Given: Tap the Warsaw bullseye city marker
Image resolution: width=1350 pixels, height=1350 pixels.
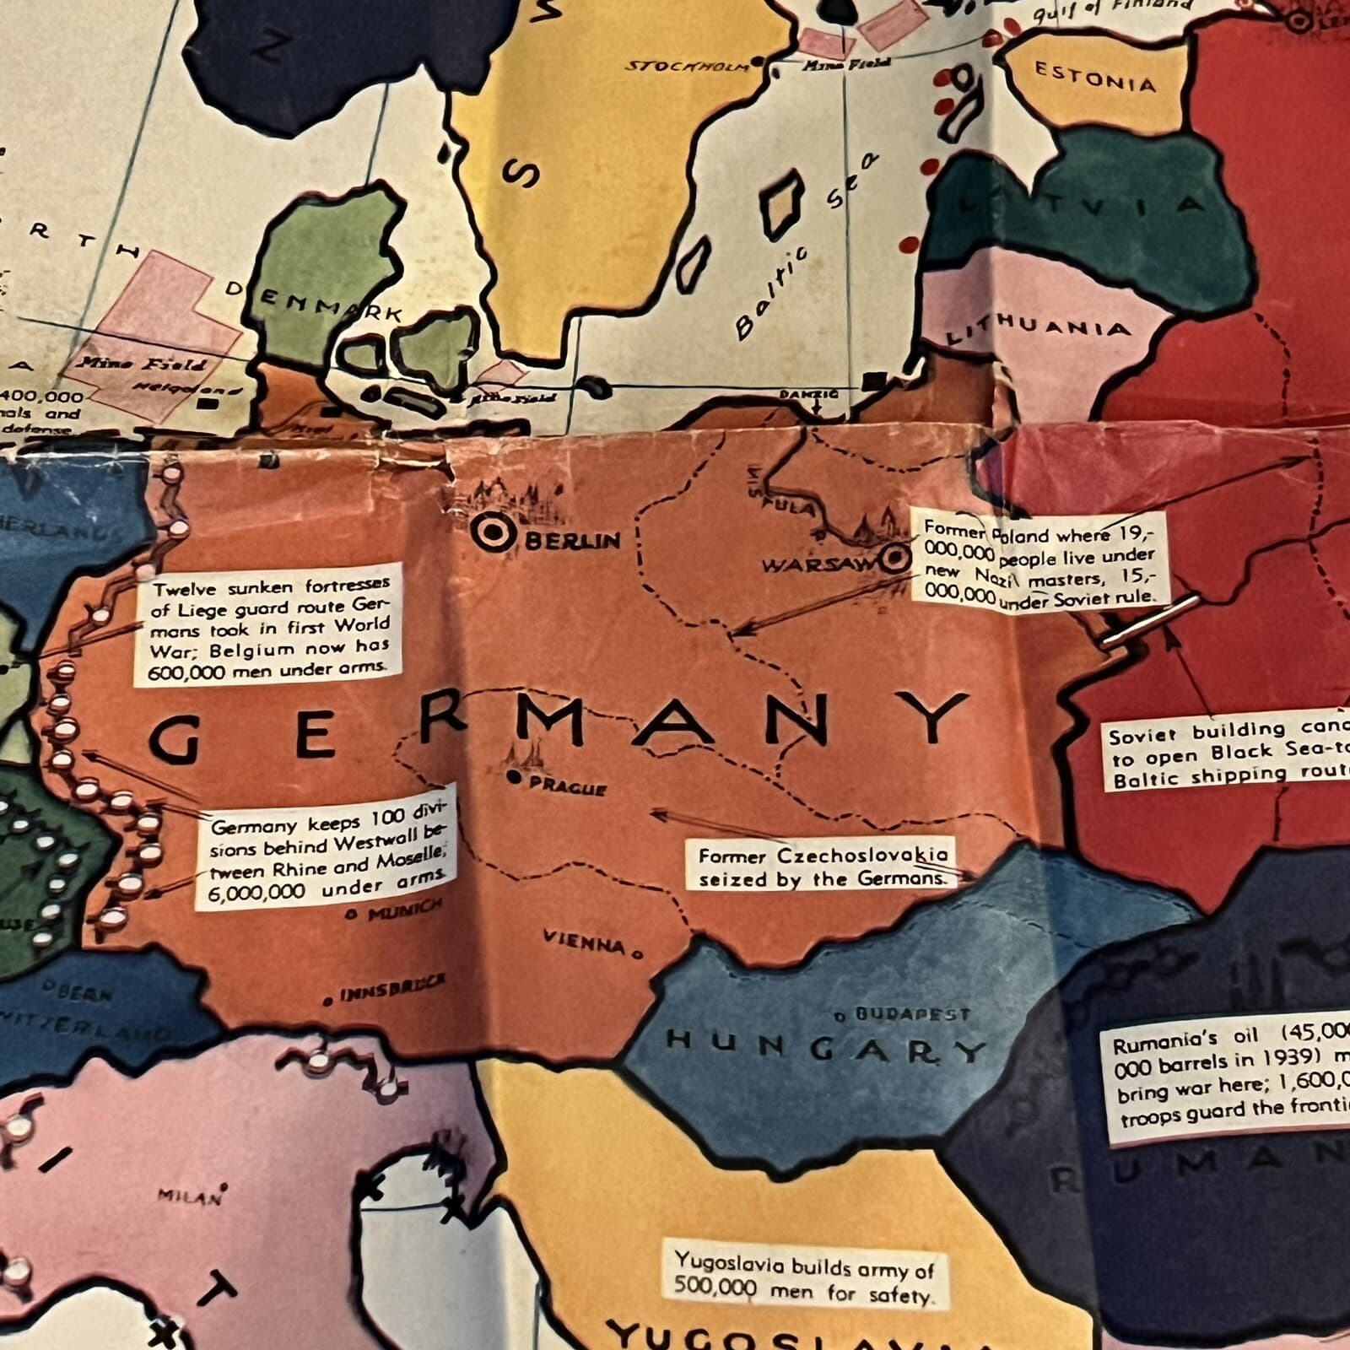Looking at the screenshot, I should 894,558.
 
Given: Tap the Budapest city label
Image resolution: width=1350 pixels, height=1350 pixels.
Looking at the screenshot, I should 912,1014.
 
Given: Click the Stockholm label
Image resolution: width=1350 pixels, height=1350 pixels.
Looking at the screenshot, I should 687,65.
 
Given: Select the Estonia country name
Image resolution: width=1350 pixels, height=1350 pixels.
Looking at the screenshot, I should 1094,77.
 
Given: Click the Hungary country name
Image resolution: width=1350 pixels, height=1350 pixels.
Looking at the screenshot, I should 825,1046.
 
